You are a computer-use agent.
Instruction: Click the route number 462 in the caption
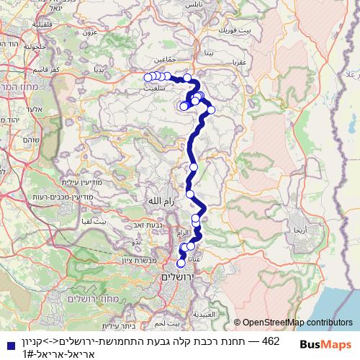click(271, 340)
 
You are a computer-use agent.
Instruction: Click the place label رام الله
click(159, 201)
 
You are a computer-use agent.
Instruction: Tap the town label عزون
click(89, 32)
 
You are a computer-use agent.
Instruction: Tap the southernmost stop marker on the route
click(181, 263)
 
